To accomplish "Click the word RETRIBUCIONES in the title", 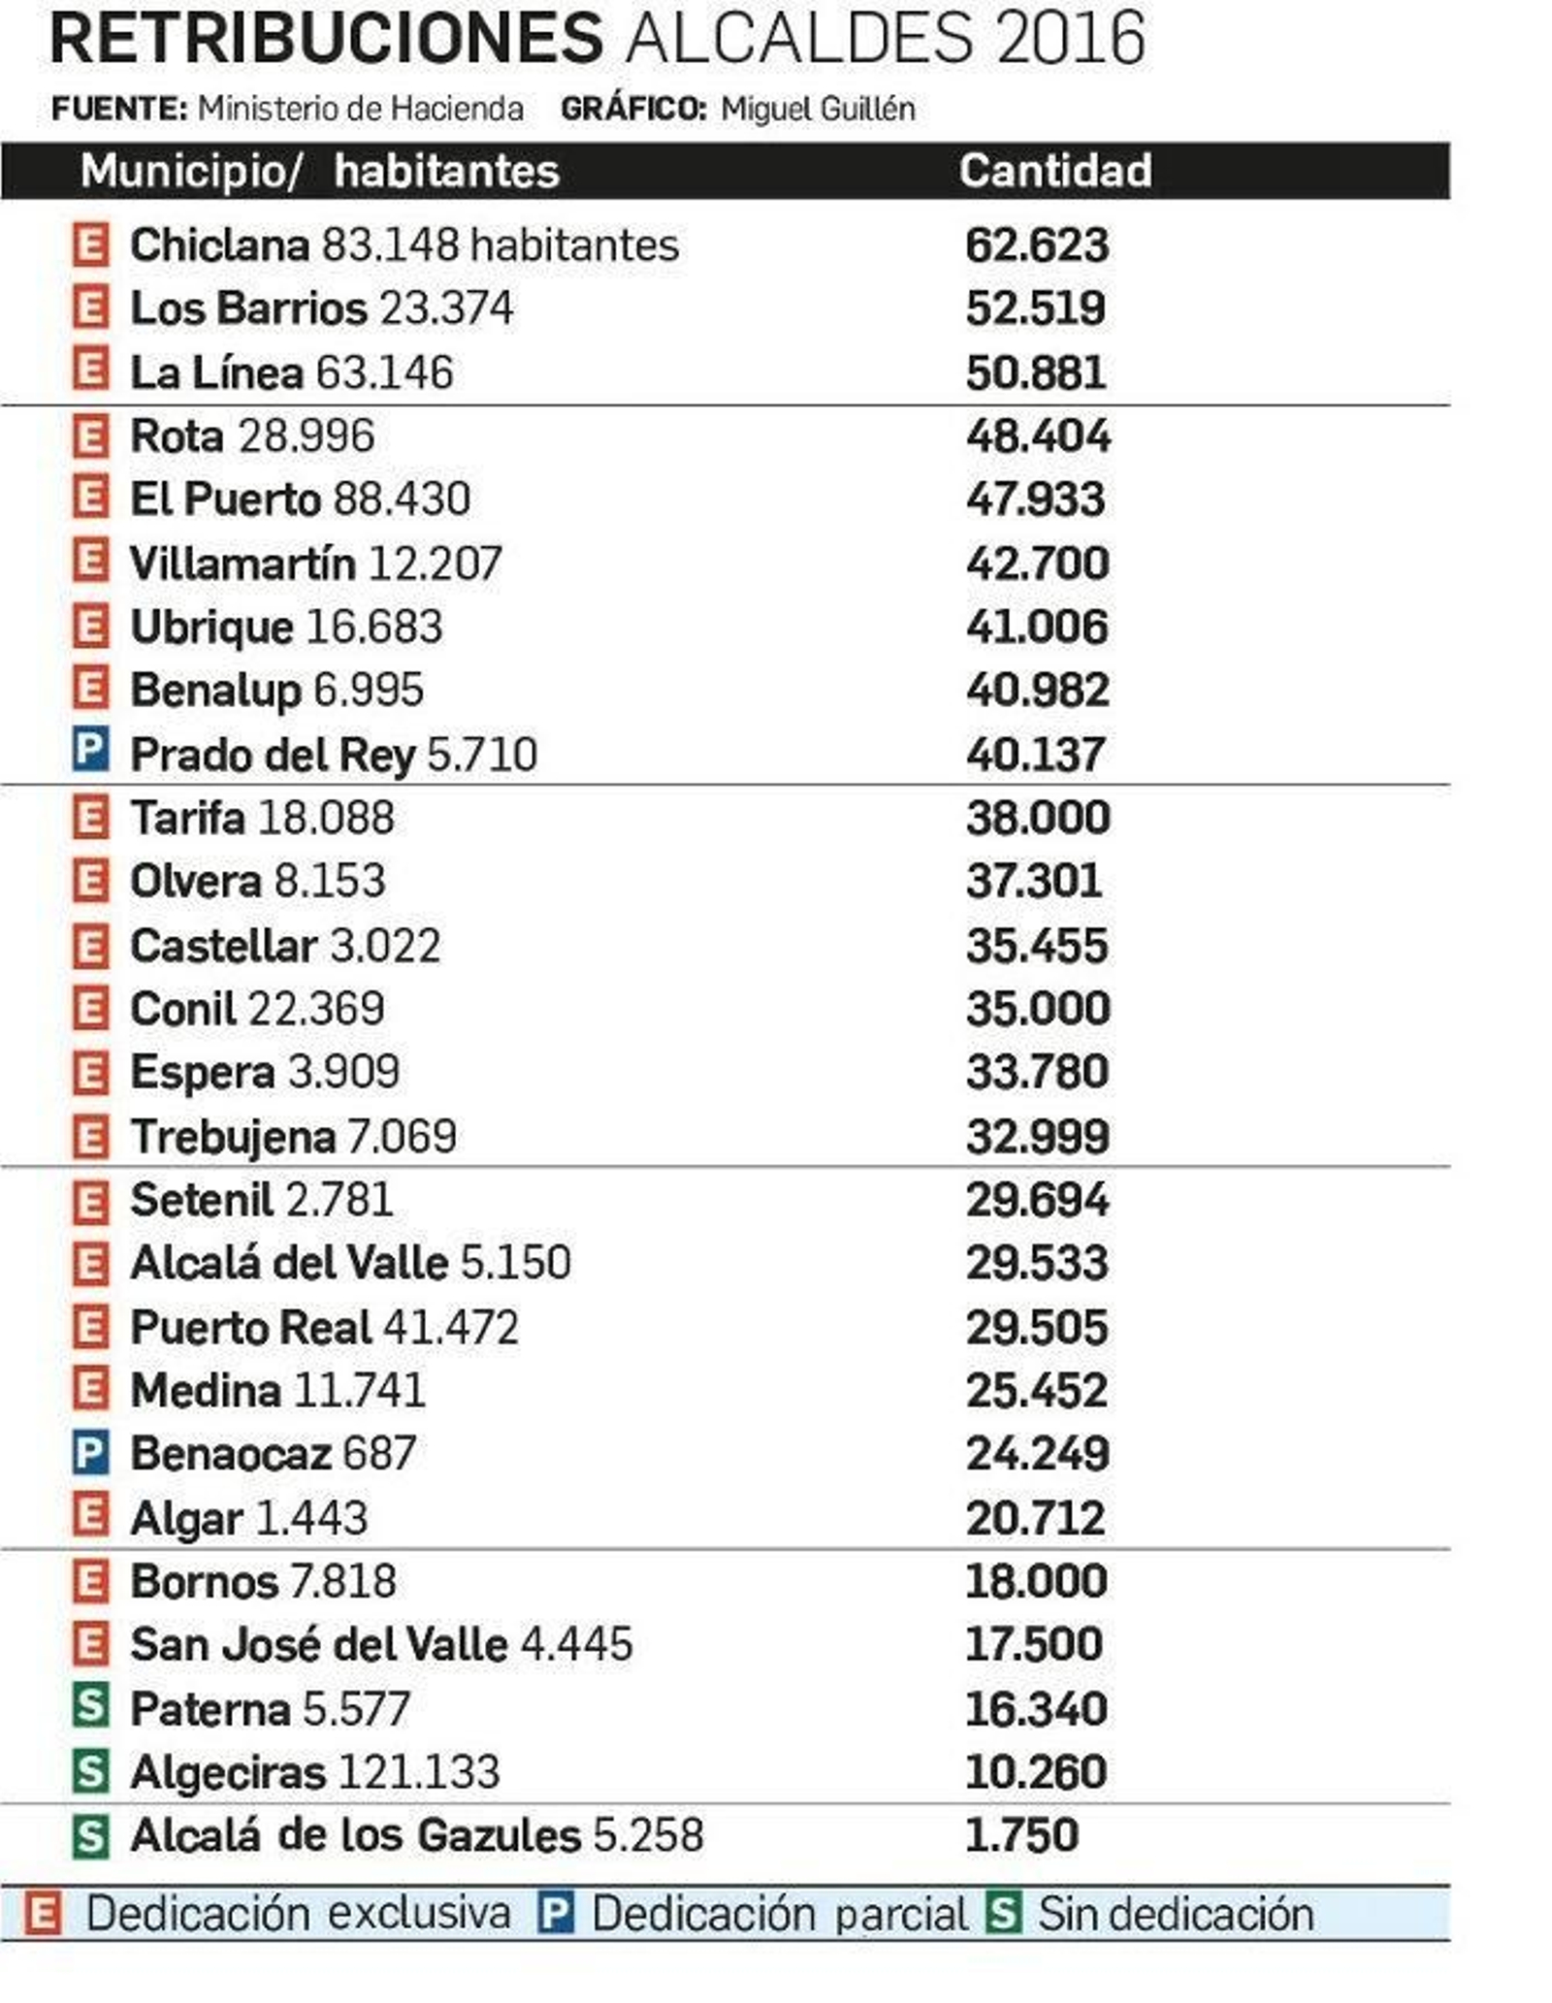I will pos(326,41).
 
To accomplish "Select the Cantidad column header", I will pos(1055,171).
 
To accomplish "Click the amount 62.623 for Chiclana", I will pos(1036,245).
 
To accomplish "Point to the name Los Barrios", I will pos(248,308).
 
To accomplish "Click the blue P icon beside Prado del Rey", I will pos(90,752).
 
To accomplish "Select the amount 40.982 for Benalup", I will pos(1036,690).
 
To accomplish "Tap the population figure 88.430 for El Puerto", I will pos(402,499).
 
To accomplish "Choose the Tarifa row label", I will pos(187,818).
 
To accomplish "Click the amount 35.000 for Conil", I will pos(1037,1009).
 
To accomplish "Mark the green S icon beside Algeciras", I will pos(90,1771).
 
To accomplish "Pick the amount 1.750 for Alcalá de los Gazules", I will pos(1020,1834).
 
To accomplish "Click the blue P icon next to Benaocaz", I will pos(90,1452).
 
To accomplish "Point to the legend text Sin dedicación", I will pos(1176,1914).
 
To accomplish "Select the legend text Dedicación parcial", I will pos(779,1914).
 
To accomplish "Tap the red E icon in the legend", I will pos(43,1914).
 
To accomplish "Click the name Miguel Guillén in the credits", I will pos(818,109).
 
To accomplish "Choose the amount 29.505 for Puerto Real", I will pos(1036,1327).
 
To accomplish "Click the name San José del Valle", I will pos(318,1644).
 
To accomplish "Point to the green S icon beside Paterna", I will pos(90,1707).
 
